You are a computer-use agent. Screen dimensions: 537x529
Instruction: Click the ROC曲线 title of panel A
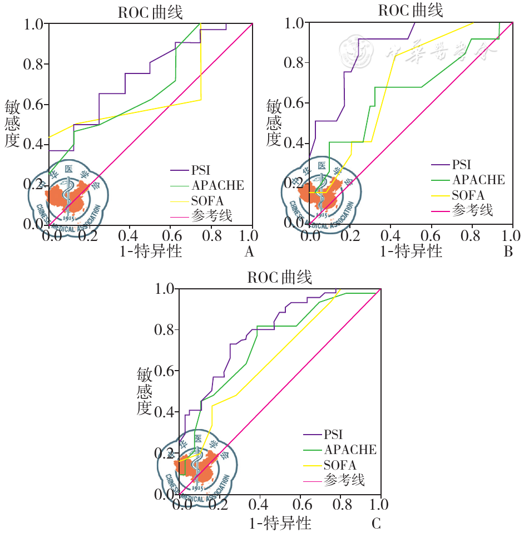(x=150, y=13)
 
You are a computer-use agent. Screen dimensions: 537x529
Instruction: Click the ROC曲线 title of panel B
(x=411, y=11)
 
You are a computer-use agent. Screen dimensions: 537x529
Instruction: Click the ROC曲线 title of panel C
(x=280, y=277)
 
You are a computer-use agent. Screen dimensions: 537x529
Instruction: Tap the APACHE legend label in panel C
(x=350, y=449)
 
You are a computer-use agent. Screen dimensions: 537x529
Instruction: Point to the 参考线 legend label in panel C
(x=344, y=480)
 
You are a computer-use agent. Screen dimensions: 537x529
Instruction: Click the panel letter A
(x=249, y=252)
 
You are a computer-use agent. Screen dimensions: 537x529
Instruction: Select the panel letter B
(x=508, y=252)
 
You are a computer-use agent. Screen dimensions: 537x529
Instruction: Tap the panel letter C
(x=377, y=524)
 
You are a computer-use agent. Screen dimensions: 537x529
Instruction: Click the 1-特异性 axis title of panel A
(x=151, y=252)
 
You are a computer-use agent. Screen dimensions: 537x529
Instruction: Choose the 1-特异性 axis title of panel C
(x=280, y=523)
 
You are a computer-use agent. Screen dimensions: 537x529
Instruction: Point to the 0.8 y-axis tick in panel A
(x=33, y=65)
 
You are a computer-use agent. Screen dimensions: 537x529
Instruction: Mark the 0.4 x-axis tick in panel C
(x=260, y=505)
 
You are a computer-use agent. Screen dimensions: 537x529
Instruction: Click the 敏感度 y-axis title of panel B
(x=274, y=122)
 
